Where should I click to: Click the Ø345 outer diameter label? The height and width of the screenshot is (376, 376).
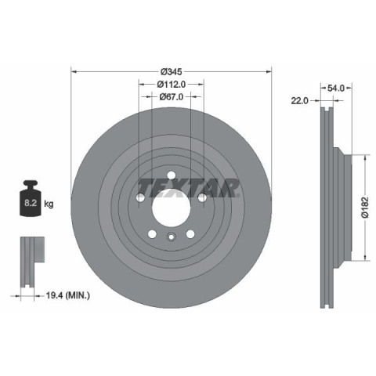coord(172,71)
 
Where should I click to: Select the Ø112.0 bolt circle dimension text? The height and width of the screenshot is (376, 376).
coord(172,84)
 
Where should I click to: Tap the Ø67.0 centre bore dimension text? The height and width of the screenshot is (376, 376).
coord(172,97)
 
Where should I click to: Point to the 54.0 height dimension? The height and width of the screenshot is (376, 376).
coord(336,89)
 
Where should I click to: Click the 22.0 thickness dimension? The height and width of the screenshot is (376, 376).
coord(300,100)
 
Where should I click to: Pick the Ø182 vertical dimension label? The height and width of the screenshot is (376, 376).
coord(364,208)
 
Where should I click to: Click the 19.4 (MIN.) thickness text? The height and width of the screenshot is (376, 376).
coord(68,295)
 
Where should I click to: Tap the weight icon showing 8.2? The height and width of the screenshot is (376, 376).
coord(31,198)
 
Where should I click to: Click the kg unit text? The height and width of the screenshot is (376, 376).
coord(49,204)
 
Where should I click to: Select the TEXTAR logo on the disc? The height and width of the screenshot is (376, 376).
coord(189,188)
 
